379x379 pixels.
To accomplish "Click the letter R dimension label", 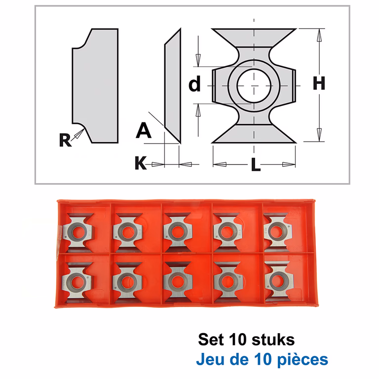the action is [x=65, y=140].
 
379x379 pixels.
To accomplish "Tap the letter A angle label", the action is [x=144, y=130].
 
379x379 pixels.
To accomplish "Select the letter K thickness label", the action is [x=141, y=163].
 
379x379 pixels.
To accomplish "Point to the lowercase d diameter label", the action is [x=194, y=83].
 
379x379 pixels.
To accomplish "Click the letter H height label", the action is [x=319, y=83].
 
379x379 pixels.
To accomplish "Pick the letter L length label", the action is [x=256, y=164].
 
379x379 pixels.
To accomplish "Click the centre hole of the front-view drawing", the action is [x=254, y=86].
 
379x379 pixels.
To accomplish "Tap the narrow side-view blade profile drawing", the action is [x=173, y=86].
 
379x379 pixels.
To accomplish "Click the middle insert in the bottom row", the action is [x=178, y=281].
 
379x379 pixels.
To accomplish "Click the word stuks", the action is [x=273, y=340].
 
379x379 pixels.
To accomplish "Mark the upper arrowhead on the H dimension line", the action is [x=320, y=36].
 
